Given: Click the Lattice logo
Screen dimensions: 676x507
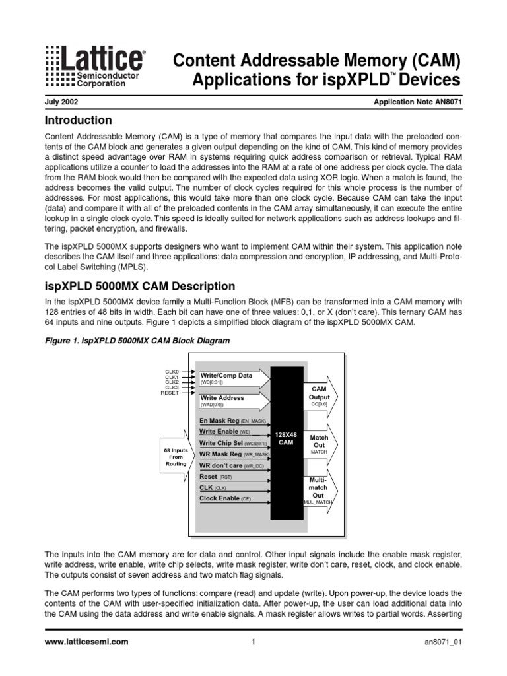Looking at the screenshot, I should pos(94,66).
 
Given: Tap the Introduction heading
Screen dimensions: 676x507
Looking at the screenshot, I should pos(78,121).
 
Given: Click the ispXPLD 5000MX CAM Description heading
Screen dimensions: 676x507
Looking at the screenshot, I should pos(139,287).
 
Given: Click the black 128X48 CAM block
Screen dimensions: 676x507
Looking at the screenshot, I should pos(287,443).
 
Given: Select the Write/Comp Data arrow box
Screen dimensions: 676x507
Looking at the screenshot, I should pos(232,378).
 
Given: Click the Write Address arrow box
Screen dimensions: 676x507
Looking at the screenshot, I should pos(232,401).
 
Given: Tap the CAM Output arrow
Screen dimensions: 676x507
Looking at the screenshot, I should pos(320,397).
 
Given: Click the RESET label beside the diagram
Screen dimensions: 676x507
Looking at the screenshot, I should pos(170,393).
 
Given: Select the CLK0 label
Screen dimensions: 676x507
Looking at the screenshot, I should pos(172,372).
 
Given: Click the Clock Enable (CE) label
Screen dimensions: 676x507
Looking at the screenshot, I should pos(225,498).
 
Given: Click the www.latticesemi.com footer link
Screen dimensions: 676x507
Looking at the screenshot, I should pos(86,642).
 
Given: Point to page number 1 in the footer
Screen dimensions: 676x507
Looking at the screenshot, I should pos(253,642).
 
